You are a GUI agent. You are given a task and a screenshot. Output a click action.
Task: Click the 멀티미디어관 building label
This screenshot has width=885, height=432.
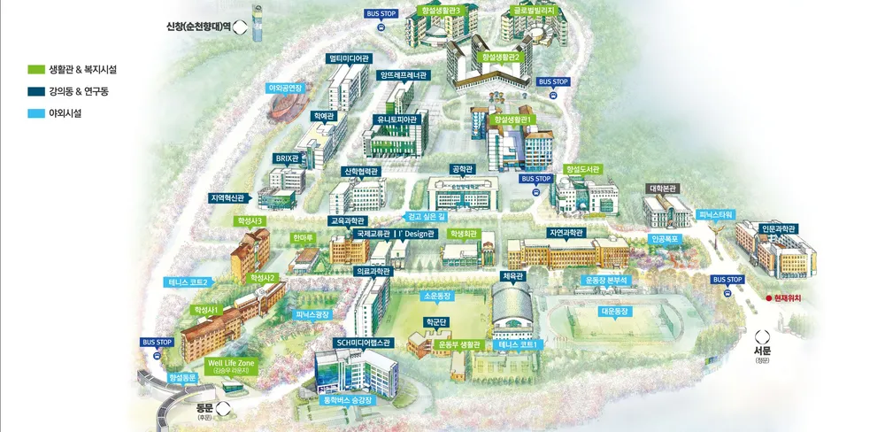tap(350, 59)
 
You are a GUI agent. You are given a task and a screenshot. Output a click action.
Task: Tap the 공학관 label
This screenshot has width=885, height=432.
tap(463, 168)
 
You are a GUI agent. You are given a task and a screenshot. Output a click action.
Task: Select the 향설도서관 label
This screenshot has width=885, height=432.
tap(582, 168)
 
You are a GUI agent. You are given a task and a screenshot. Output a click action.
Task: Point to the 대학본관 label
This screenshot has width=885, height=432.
tap(663, 188)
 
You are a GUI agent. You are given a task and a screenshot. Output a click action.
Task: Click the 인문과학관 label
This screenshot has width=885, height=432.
tap(778, 228)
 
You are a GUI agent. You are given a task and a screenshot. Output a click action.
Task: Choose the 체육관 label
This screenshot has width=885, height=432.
tap(513, 276)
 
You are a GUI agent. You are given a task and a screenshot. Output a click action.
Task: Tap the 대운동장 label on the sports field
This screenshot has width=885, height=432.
tap(614, 312)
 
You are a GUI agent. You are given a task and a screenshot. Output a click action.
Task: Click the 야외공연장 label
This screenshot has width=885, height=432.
tap(286, 89)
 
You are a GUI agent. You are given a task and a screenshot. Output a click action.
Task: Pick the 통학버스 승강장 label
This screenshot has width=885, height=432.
tap(350, 400)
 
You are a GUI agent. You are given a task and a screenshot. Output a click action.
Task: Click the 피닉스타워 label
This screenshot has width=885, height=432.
tap(716, 214)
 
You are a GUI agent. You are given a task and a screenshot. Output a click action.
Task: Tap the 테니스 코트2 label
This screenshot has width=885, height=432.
tap(188, 282)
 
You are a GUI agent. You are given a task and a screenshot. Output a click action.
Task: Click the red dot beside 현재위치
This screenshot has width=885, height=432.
tap(768, 298)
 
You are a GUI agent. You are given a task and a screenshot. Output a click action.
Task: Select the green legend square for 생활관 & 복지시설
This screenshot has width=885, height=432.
tap(36, 69)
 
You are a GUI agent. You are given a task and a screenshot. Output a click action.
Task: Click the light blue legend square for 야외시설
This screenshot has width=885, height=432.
tap(36, 113)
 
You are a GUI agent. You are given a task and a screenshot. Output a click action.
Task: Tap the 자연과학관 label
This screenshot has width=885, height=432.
tap(566, 233)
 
